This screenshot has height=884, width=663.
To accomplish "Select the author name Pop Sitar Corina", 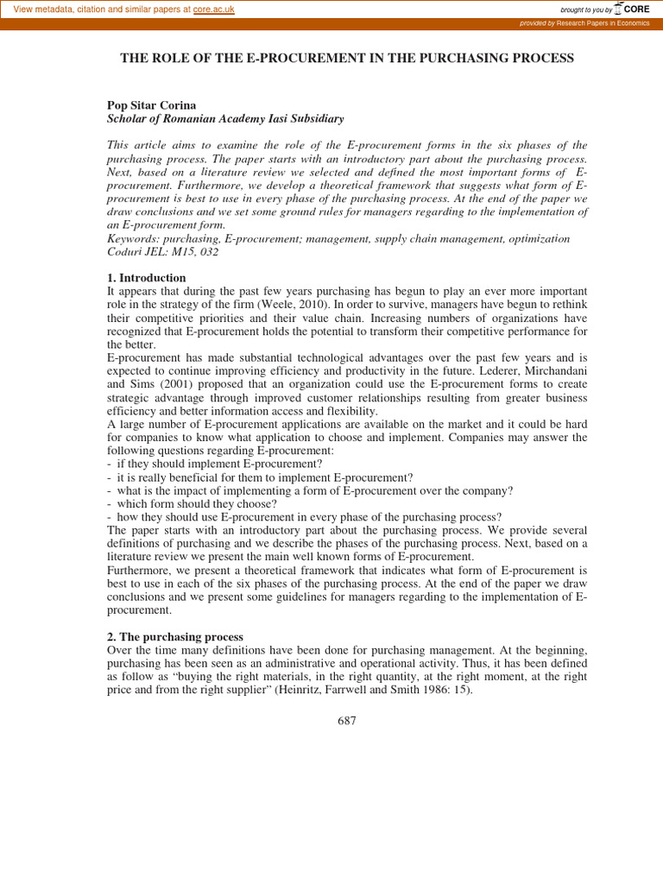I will pyautogui.click(x=151, y=105).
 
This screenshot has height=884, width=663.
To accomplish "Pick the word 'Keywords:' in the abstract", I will pyautogui.click(x=132, y=238).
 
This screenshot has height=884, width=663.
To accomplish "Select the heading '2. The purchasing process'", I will pyautogui.click(x=175, y=636).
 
